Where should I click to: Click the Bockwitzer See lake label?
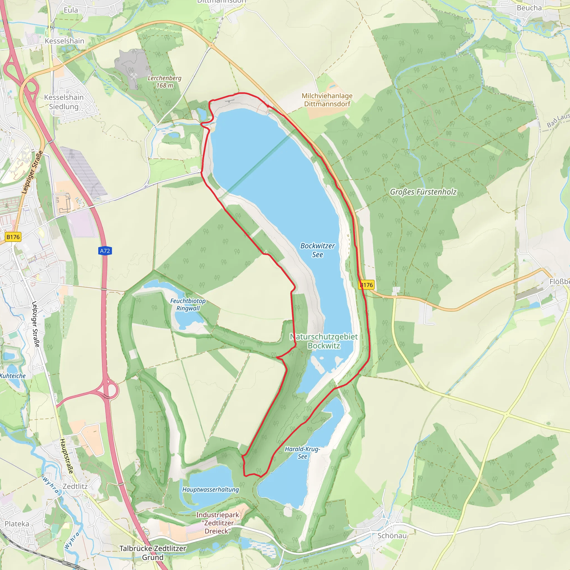tap(318, 250)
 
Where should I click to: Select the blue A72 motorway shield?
tap(105, 251)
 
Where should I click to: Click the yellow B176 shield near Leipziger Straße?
tap(13, 237)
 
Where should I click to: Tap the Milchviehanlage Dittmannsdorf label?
tap(327, 100)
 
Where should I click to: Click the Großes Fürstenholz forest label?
tap(423, 192)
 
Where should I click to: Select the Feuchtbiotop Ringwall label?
tap(188, 304)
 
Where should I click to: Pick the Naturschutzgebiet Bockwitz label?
tap(324, 341)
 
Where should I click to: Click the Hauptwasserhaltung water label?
tap(210, 490)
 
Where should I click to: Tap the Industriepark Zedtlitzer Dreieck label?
tap(218, 523)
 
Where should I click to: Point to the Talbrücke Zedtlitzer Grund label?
tap(153, 552)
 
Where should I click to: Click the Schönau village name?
tap(392, 535)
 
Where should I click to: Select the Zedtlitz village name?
tap(75, 486)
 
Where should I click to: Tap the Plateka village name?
tap(17, 524)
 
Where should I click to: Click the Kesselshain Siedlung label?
tap(64, 102)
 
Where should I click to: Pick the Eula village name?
tap(71, 10)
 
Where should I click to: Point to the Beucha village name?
tap(529, 8)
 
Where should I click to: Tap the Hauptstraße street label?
tap(67, 456)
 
